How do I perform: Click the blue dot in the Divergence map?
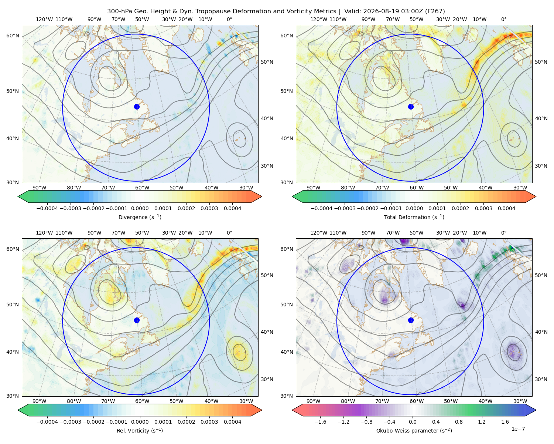[137, 107]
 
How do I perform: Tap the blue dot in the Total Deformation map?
[411, 107]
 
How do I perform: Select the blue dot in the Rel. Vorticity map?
[137, 320]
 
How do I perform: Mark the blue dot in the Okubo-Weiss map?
[411, 320]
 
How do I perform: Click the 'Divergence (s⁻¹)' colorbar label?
[140, 217]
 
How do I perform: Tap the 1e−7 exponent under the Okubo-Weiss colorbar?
[518, 429]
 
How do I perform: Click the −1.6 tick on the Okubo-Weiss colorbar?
[320, 422]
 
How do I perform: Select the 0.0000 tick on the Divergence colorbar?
[140, 208]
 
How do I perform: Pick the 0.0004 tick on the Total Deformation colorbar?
[506, 208]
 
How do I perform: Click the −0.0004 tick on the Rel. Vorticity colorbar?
[47, 422]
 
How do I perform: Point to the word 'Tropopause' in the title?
[217, 11]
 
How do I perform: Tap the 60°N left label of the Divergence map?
[13, 36]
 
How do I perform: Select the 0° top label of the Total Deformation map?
[503, 19]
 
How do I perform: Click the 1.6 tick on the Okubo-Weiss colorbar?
[505, 422]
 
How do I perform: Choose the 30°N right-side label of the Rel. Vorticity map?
[267, 379]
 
